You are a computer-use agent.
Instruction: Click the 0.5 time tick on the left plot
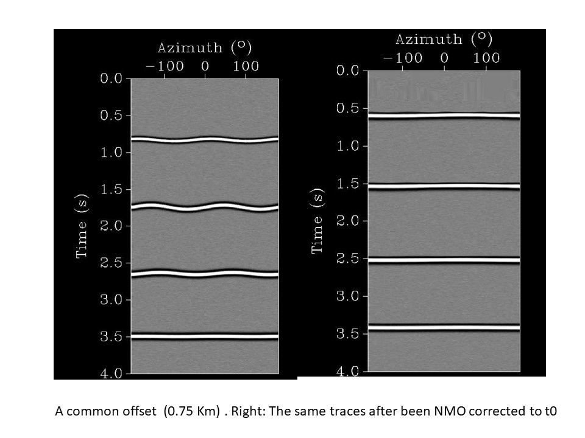click(x=113, y=116)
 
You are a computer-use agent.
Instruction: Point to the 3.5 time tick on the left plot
click(x=113, y=336)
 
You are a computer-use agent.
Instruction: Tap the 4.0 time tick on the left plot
click(x=113, y=373)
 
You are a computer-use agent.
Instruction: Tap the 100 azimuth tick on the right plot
click(x=486, y=58)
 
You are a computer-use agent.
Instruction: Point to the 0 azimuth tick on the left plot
click(x=205, y=66)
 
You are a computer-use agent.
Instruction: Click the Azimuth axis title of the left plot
click(x=205, y=47)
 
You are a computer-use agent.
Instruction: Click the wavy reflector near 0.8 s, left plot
click(x=205, y=139)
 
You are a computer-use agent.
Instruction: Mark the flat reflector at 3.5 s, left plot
click(x=205, y=336)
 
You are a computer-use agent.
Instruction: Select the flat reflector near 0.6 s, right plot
click(x=444, y=115)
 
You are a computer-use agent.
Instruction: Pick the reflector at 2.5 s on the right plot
click(x=444, y=260)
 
